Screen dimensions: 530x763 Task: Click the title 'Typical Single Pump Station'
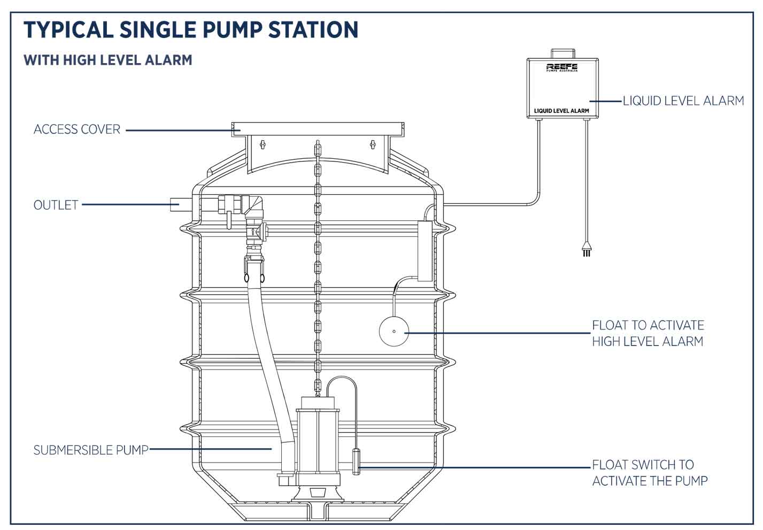[190, 29]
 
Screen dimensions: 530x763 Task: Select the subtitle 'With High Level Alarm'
[107, 60]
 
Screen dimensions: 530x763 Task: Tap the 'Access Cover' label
[77, 129]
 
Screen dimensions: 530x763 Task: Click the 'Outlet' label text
[56, 205]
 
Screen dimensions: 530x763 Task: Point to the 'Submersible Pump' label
[91, 450]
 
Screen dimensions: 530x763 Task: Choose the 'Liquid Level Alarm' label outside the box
[683, 101]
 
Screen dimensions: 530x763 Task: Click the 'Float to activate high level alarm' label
[648, 333]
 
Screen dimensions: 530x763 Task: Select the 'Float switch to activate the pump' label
[649, 473]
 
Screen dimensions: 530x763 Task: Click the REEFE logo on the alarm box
[561, 67]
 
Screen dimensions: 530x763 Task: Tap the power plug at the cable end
[587, 250]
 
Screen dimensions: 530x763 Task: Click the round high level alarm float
[394, 332]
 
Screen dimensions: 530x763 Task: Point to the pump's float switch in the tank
[356, 462]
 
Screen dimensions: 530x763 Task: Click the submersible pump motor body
[318, 439]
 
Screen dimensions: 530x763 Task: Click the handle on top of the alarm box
[562, 53]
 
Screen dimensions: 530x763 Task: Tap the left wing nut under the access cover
[262, 144]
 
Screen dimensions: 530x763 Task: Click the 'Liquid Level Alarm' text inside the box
[561, 111]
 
